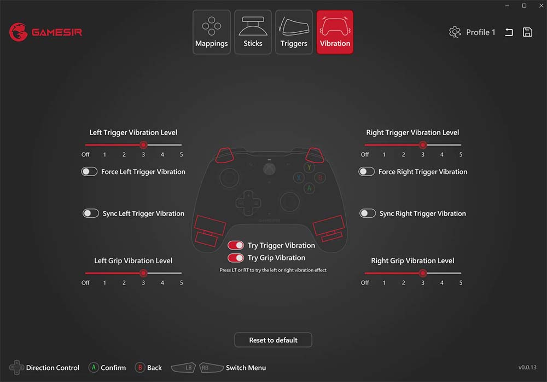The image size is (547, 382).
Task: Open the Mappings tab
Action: (x=211, y=32)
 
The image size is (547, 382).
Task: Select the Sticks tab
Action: (x=253, y=32)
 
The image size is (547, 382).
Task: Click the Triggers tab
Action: (x=294, y=32)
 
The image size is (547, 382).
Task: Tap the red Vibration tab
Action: (x=335, y=32)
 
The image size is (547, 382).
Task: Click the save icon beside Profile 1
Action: (x=527, y=32)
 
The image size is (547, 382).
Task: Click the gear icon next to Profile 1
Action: (x=455, y=32)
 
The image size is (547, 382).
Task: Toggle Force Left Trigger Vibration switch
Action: (x=89, y=171)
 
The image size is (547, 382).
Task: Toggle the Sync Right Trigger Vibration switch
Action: (x=368, y=213)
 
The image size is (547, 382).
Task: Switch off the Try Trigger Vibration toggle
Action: (x=236, y=246)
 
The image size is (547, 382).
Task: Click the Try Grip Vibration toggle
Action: (x=236, y=258)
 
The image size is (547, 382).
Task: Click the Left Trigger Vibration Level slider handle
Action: (x=143, y=144)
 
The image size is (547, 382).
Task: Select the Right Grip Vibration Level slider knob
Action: (x=423, y=273)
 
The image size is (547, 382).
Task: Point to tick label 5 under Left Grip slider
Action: (x=182, y=283)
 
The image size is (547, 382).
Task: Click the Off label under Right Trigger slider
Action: (x=365, y=155)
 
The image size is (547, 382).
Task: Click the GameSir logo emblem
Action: (x=18, y=32)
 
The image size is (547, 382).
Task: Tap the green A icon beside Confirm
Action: (x=94, y=367)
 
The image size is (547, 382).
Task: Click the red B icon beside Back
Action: (x=140, y=367)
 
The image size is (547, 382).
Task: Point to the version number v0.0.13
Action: (x=527, y=367)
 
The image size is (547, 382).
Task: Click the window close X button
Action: (x=541, y=5)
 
